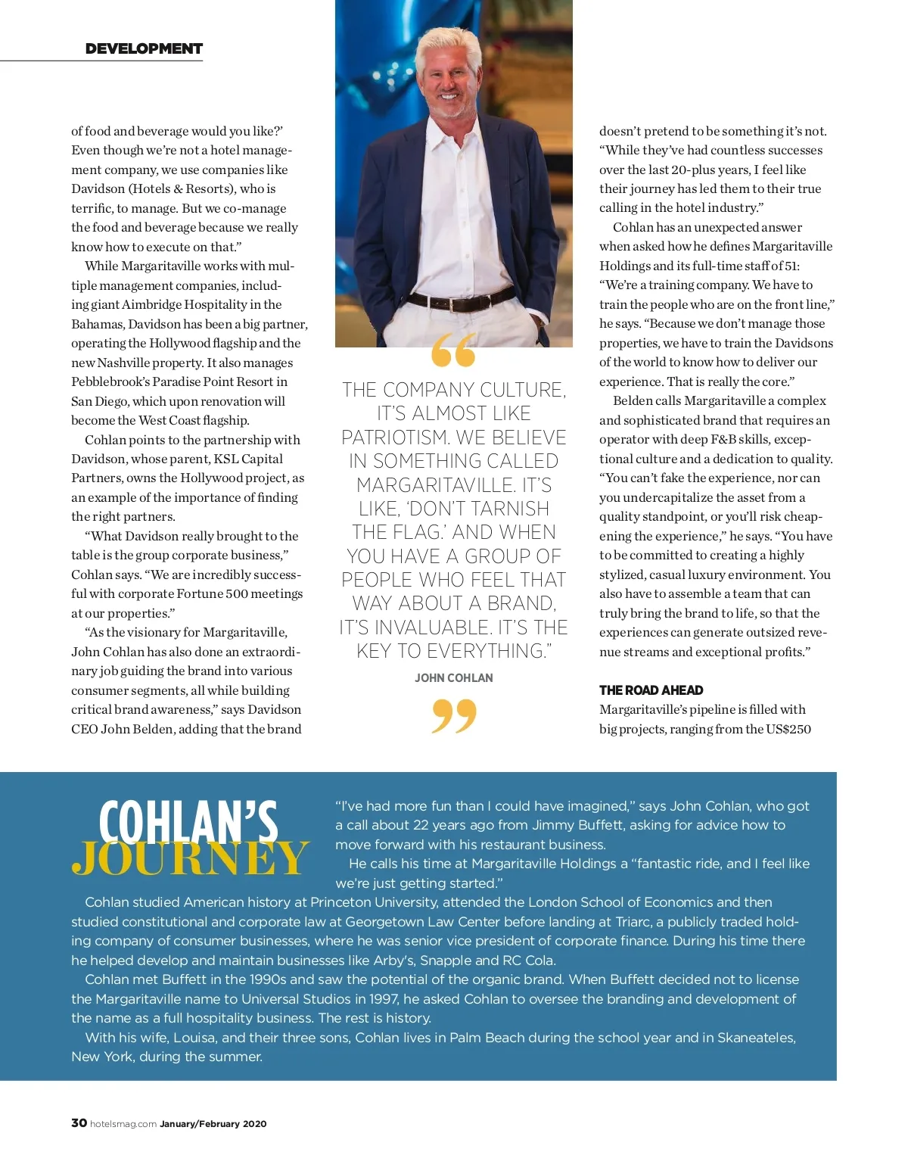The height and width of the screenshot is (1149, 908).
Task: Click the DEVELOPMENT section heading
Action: point(144,48)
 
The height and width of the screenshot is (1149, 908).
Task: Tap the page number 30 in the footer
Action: point(79,1123)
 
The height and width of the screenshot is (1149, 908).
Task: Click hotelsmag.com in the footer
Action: point(123,1124)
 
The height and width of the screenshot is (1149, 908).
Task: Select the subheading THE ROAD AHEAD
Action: point(651,690)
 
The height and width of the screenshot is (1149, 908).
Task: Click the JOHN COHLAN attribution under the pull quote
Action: point(453,677)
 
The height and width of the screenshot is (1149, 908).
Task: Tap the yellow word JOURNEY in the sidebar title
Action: point(191,858)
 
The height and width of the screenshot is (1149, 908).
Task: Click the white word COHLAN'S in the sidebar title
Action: point(188,822)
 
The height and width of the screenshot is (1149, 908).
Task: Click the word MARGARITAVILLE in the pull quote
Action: point(453,484)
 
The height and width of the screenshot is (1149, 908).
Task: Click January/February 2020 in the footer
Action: point(213,1124)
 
